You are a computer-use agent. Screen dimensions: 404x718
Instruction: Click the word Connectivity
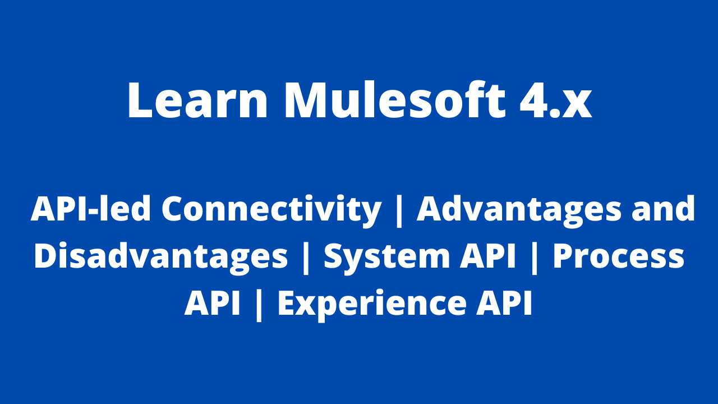271,209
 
